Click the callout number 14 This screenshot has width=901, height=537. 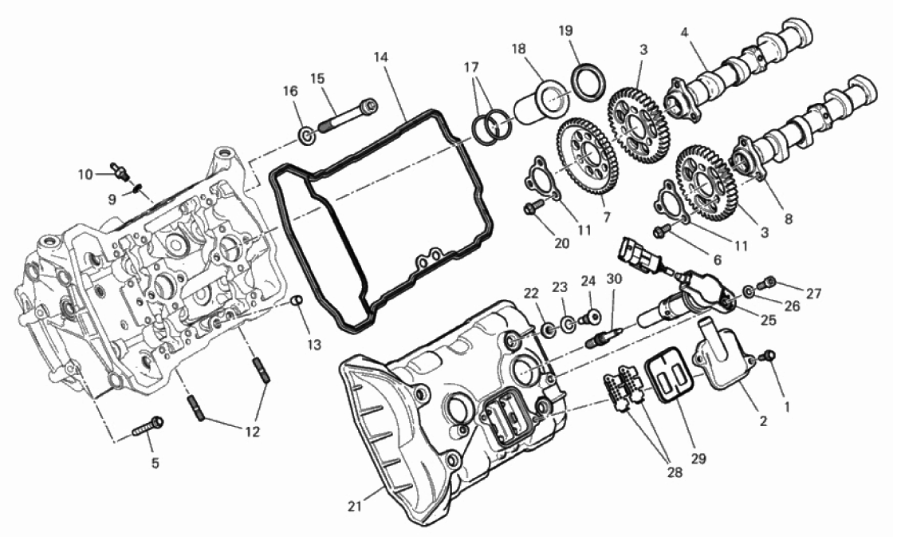coord(380,57)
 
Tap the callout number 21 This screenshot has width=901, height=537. coord(355,506)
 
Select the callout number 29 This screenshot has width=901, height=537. coord(698,458)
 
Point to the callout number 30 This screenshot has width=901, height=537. coord(614,279)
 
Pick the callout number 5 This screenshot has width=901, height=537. coord(155,462)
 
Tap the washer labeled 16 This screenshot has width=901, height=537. coord(307,136)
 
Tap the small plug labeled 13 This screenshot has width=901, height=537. coord(297,301)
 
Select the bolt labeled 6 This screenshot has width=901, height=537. coord(662,230)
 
